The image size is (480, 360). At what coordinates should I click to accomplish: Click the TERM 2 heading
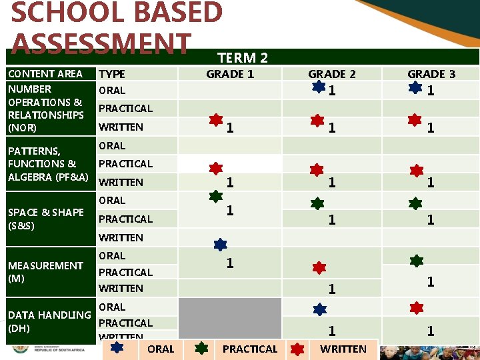pyautogui.click(x=243, y=58)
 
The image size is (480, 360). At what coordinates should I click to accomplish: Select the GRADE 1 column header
pyautogui.click(x=230, y=74)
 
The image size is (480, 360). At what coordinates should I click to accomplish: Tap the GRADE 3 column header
pyautogui.click(x=431, y=74)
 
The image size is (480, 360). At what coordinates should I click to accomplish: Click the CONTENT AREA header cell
pyautogui.click(x=45, y=74)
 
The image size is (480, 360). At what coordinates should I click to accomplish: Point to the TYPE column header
pyautogui.click(x=112, y=74)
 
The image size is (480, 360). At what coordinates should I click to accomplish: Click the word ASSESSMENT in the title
pyautogui.click(x=101, y=44)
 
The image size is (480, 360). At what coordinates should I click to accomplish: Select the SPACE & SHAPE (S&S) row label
pyautogui.click(x=46, y=219)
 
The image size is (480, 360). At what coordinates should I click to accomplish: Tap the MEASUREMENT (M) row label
pyautogui.click(x=45, y=271)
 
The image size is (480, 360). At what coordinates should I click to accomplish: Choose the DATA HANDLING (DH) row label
pyautogui.click(x=49, y=321)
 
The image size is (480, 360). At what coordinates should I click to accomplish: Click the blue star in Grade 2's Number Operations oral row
pyautogui.click(x=319, y=87)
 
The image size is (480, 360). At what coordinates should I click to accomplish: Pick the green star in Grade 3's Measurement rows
pyautogui.click(x=417, y=261)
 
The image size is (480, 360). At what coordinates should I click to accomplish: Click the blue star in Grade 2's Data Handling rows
pyautogui.click(x=320, y=309)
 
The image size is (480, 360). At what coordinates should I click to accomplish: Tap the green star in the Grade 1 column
pyautogui.click(x=216, y=196)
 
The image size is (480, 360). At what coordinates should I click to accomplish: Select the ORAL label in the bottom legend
pyautogui.click(x=161, y=349)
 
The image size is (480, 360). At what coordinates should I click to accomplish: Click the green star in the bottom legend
pyautogui.click(x=203, y=347)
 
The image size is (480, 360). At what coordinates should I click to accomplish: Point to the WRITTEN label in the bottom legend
pyautogui.click(x=343, y=349)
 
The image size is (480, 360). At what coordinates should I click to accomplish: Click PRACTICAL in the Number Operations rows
pyautogui.click(x=125, y=108)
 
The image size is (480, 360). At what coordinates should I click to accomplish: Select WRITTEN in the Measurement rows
pyautogui.click(x=121, y=289)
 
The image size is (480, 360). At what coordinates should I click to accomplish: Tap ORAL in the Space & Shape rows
pyautogui.click(x=112, y=200)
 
